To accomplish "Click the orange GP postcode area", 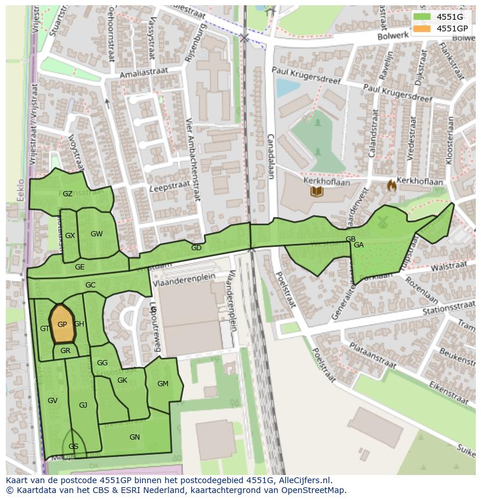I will tap(63, 325).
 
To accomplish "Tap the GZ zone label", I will tap(67, 194).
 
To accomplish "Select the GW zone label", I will tap(96, 234).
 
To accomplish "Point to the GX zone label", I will tap(70, 236).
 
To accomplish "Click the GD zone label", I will tap(196, 248).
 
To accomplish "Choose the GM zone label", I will tap(163, 383).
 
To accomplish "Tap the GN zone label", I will tap(135, 437).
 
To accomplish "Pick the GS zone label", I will tap(73, 447).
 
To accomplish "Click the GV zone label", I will tap(53, 401).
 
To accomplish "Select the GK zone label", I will tap(122, 380).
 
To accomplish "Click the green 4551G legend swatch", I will tap(422, 17).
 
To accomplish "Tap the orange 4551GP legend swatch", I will tap(422, 28).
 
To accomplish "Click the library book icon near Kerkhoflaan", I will tap(317, 191).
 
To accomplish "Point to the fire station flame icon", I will tap(392, 186).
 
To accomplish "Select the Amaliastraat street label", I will tap(143, 73).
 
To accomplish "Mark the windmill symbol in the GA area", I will tap(382, 222).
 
